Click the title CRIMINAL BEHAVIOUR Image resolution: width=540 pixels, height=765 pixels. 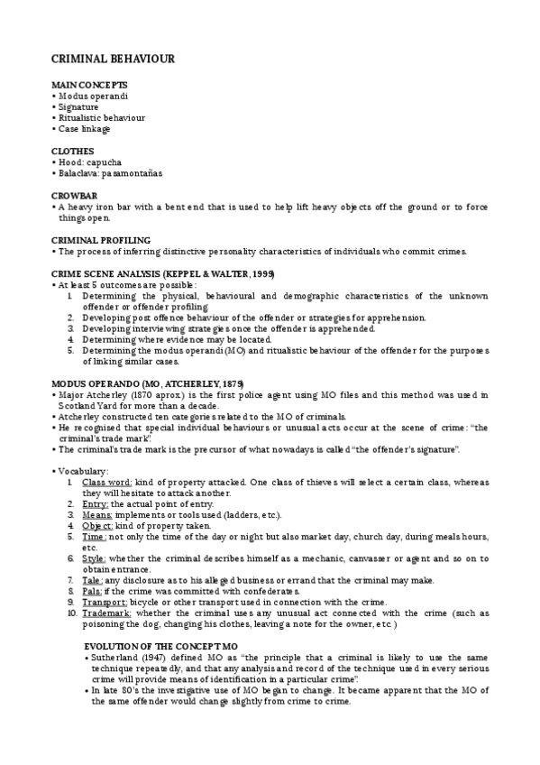[113, 59]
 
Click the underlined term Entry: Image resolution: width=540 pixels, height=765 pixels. [94, 504]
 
